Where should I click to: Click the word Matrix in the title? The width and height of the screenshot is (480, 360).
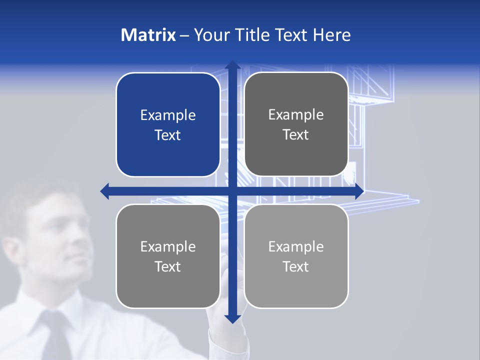tap(148, 35)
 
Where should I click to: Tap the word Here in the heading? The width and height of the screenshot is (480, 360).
tap(331, 35)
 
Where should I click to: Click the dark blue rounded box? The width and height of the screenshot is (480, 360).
tap(168, 124)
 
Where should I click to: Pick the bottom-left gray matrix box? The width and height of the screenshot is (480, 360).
tap(168, 256)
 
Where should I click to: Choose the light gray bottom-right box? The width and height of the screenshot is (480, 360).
tap(296, 256)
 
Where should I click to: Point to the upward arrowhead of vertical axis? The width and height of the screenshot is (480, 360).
tap(232, 65)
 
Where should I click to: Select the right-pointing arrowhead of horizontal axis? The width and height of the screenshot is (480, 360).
tap(359, 191)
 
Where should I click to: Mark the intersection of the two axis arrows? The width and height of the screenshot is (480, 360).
tap(232, 191)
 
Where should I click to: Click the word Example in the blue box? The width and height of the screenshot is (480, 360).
tap(168, 115)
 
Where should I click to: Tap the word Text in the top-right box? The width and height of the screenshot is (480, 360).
tap(295, 134)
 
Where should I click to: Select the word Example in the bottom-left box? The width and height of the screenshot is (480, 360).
tap(168, 246)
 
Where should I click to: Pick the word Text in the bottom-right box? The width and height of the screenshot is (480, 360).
tap(295, 266)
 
